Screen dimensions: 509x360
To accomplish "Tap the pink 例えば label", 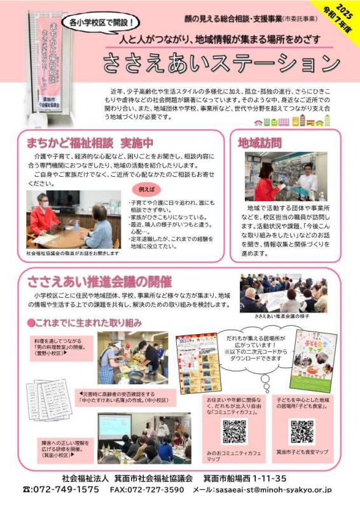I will click(145, 190).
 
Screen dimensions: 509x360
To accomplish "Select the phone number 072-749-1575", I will click(61, 490).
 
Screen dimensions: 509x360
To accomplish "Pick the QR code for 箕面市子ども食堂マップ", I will click(302, 431).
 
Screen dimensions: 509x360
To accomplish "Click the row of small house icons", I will click(292, 122).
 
